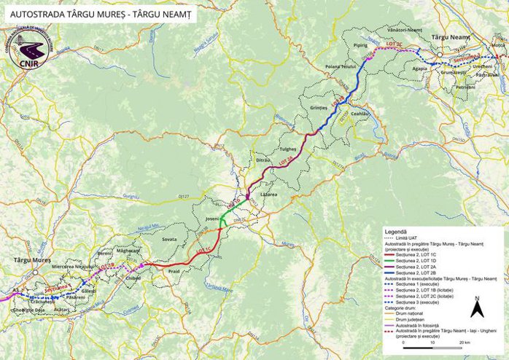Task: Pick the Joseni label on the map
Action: [x=212, y=219]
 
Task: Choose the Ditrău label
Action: [x=263, y=160]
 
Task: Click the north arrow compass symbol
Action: [x=477, y=308]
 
